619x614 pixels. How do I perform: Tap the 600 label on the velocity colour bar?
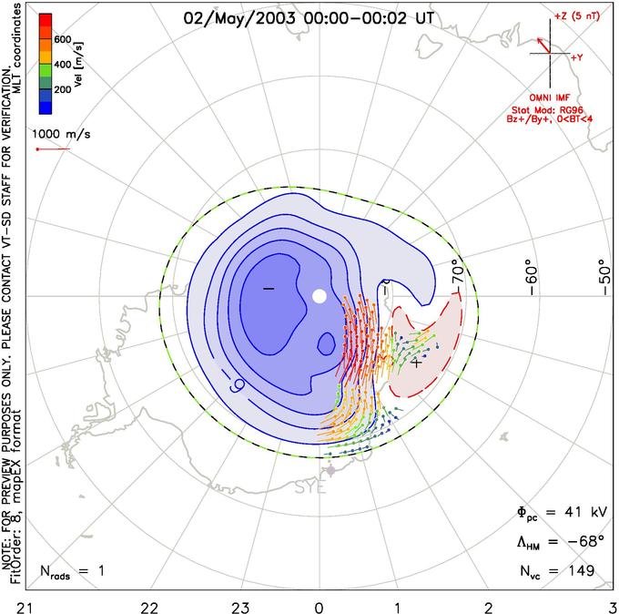[x=63, y=39]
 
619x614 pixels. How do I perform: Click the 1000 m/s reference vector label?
[x=63, y=134]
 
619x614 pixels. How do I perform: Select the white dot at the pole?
[x=319, y=295]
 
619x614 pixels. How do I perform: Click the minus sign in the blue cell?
[x=268, y=289]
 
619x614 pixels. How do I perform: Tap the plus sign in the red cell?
[x=416, y=363]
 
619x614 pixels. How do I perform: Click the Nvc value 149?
[x=580, y=571]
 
